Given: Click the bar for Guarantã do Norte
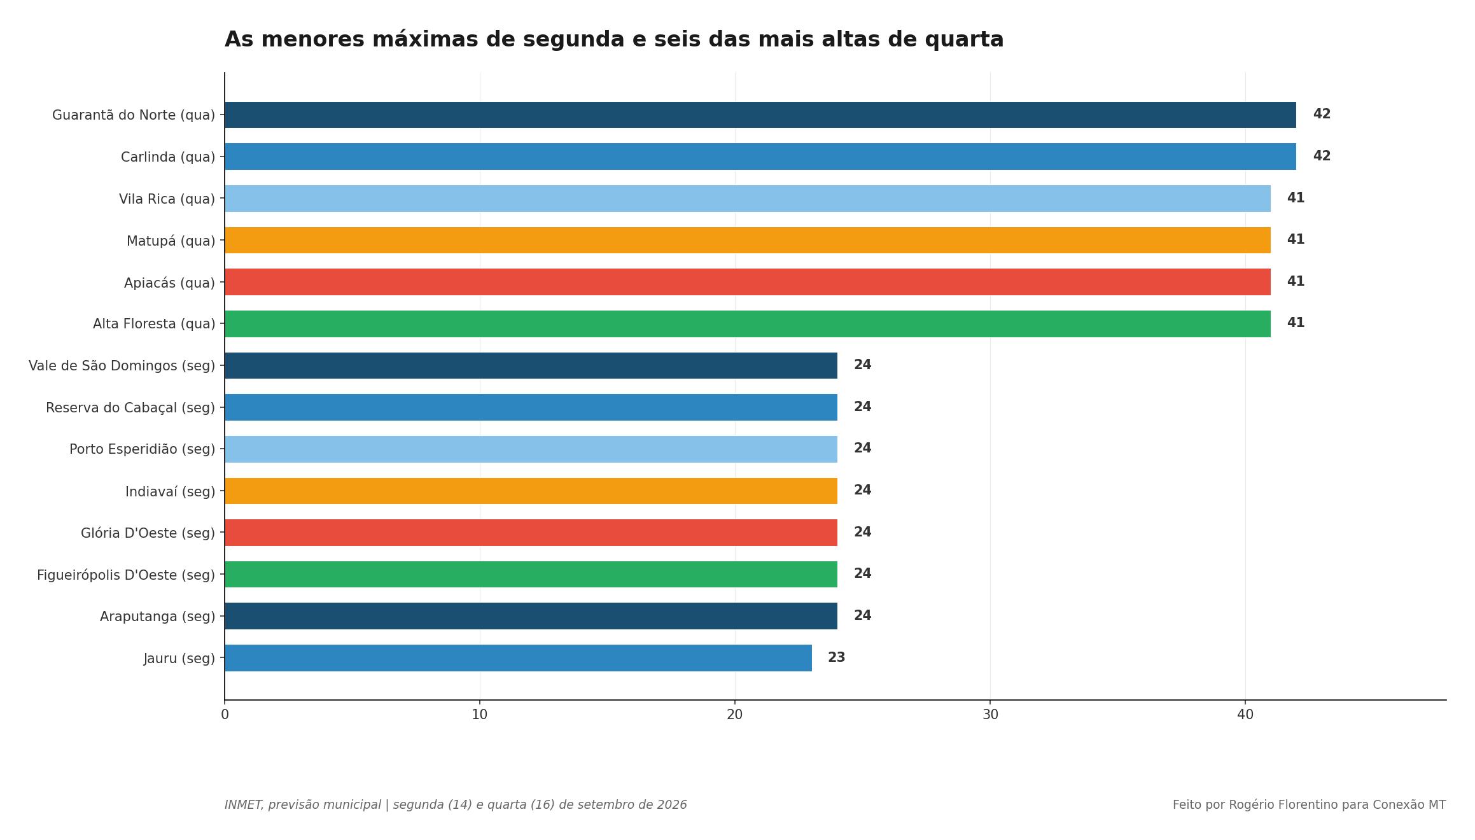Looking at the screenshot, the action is point(760,115).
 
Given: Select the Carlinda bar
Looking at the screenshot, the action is point(760,157).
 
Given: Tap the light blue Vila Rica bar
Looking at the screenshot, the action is point(748,199).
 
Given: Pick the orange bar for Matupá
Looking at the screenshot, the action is point(748,240).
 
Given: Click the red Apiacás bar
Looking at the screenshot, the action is point(748,282).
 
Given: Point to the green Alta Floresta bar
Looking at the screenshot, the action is point(748,324).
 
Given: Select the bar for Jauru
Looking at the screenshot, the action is point(518,658).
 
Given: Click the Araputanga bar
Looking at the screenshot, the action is point(531,616).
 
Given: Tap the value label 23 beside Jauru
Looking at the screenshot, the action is point(836,658).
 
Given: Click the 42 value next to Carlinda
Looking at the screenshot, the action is point(1322,156).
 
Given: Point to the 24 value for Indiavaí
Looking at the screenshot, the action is point(862,490).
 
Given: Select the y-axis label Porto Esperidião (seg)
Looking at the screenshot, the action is point(142,449).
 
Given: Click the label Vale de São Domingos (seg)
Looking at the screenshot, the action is point(122,366).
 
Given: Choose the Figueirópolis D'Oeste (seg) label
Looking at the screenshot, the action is point(126,575).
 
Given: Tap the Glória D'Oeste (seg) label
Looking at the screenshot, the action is point(148,533).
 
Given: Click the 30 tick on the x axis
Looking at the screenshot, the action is point(990,715).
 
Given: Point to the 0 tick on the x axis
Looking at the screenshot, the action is point(225,715).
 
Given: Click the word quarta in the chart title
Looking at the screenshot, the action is point(964,40).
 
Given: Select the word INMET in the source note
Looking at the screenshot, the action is point(243,805).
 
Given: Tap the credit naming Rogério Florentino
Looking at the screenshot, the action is point(1309,805).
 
